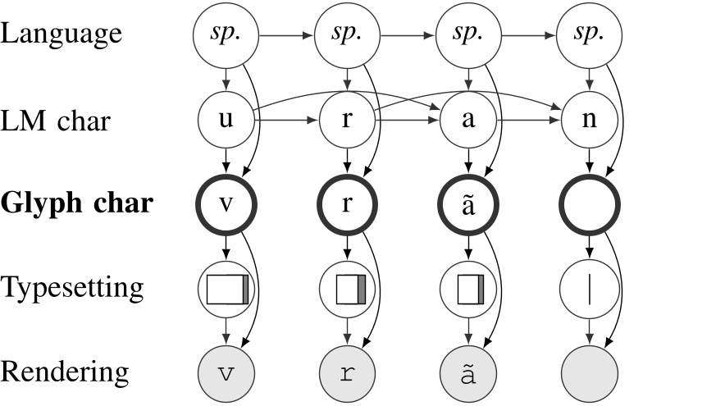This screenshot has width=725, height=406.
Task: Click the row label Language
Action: pos(62,34)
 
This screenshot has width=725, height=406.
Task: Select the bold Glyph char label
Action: pos(76,203)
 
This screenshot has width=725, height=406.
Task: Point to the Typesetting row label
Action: pos(72,288)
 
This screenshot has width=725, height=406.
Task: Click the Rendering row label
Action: pos(65,372)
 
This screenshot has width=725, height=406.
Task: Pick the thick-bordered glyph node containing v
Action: pos(227,203)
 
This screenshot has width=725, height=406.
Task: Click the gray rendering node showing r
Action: pos(348,372)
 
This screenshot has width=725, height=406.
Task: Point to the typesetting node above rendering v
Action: pos(227,290)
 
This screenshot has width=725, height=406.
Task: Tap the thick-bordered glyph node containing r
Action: pos(348,203)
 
